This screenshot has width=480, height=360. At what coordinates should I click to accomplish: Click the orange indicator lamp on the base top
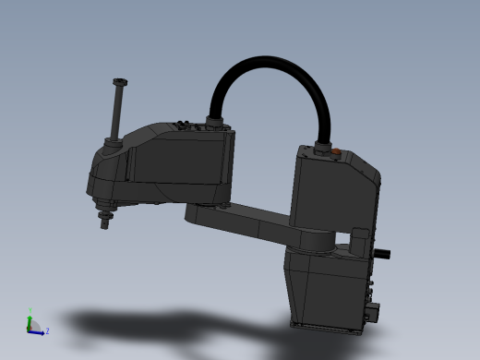[x=339, y=152]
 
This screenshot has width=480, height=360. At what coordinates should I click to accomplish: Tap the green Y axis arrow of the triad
[x=29, y=318]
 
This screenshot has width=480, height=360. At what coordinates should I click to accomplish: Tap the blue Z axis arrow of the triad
[x=38, y=330]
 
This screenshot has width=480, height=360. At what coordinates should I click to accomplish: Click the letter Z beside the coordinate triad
[x=47, y=330]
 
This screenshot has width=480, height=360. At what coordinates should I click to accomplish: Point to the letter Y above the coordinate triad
[x=29, y=311]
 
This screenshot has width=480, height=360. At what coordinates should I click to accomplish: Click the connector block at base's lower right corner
[x=373, y=309]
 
